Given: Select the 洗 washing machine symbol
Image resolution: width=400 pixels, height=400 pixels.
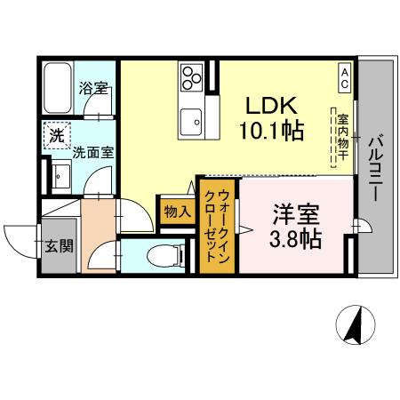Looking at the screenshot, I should pos(57,136).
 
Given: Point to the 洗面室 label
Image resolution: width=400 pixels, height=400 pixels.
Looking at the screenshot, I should pos(92,151).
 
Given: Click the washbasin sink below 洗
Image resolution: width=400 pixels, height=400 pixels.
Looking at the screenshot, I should pos(60,176).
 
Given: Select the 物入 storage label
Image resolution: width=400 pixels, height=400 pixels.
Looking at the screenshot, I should pos(176,212).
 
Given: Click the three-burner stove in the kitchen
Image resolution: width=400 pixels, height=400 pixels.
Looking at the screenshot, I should pos(190,80).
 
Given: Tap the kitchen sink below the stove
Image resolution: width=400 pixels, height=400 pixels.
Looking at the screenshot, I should pos(191,118).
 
